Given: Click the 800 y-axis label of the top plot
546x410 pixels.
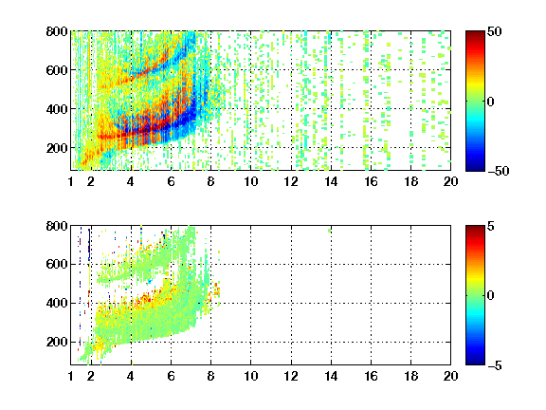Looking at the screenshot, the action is coord(57,31).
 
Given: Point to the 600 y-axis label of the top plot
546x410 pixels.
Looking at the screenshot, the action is coord(57,70).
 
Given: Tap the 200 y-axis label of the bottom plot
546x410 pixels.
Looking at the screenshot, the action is coord(57,342).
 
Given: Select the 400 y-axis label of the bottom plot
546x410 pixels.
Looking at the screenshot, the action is coord(57,303).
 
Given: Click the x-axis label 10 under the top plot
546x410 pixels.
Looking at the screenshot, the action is coord(250,181).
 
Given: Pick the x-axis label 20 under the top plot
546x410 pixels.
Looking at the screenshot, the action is coord(450,181).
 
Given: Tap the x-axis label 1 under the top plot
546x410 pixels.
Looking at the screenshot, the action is coord(71,181).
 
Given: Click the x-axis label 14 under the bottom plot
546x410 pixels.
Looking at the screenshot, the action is coord(331,376).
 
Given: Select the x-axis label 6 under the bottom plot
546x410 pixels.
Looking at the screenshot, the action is coord(171,376).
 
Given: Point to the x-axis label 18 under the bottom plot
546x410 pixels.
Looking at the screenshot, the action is coord(410,376).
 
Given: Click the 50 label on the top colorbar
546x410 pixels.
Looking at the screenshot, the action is coord(494,31).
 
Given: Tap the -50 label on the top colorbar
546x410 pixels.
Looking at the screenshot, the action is coord(499,171).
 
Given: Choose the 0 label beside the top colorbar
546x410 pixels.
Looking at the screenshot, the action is coord(491,102).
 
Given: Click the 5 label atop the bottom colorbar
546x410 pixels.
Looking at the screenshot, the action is coord(491,226).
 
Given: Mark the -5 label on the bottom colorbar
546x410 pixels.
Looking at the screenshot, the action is coord(495,365).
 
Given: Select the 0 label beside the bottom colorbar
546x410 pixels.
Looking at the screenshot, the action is coord(491,296).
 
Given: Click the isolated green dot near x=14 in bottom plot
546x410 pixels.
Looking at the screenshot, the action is coord(330,231).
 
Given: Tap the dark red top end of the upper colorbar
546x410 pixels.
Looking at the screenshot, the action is coord(475,33).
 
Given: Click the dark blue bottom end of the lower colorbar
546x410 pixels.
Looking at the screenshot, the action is coord(475,363).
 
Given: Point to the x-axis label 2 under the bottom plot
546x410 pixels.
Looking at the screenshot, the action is coord(91,376).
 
